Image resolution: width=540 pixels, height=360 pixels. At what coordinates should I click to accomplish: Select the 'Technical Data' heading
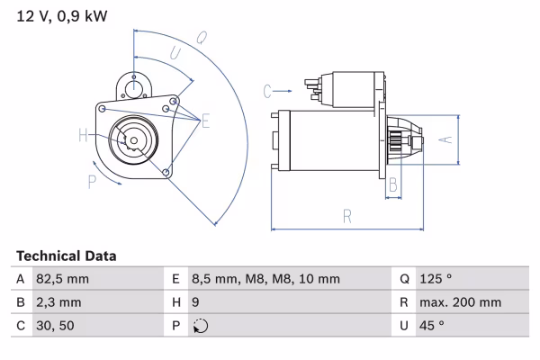(x=66, y=256)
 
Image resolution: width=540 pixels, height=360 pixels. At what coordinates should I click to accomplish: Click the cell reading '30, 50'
(x=53, y=326)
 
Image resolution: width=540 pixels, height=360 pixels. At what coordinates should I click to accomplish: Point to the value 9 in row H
(x=196, y=302)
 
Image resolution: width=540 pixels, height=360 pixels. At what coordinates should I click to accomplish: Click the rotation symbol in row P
(x=200, y=327)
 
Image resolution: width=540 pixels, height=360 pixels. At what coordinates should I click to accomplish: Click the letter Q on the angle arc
(x=202, y=39)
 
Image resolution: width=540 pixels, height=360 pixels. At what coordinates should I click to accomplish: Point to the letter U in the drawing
(x=176, y=55)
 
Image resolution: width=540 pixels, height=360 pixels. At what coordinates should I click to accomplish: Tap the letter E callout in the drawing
(x=206, y=121)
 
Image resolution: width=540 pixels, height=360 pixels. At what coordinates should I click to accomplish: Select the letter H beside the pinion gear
(x=84, y=136)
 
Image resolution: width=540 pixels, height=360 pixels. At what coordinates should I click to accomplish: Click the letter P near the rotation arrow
(x=92, y=183)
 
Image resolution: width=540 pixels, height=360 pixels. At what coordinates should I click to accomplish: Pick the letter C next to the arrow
(x=268, y=90)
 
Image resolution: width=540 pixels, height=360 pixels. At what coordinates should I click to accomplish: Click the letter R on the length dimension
(x=347, y=215)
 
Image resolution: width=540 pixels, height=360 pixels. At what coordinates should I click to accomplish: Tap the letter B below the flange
(x=393, y=184)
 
